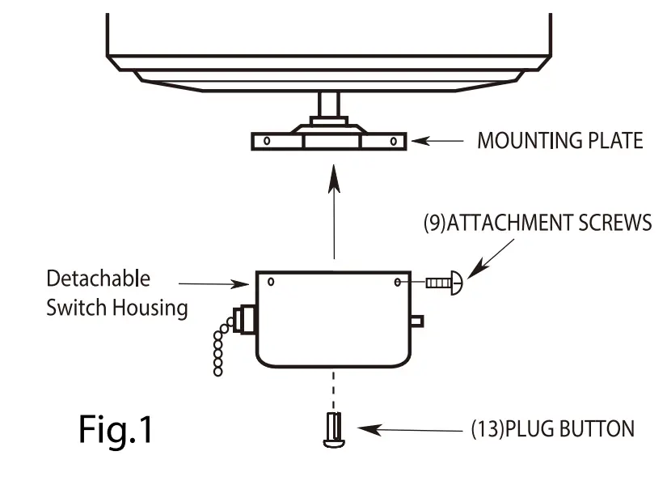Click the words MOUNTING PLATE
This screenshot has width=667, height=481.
559,141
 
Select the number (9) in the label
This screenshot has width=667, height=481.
434,223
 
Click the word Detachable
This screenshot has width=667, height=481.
98,279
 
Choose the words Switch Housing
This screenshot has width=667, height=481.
116,308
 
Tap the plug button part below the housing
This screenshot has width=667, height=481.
332,428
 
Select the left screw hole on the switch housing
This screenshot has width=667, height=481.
271,283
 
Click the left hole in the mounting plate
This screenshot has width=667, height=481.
264,142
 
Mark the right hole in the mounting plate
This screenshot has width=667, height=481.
392,142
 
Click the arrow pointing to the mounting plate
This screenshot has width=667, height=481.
437,141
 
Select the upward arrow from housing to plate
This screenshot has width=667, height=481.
334,211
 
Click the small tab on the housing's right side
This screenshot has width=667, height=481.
416,321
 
